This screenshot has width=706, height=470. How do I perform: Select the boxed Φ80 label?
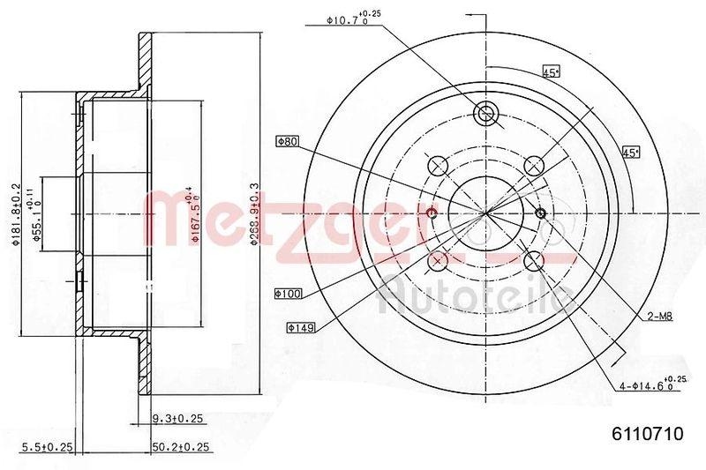[x=288, y=140]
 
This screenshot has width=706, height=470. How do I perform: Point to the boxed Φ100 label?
[x=289, y=293]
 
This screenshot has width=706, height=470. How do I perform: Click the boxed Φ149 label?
[x=300, y=327]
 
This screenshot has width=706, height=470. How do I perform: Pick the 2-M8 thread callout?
[x=658, y=316]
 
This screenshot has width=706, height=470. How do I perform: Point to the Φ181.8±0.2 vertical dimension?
[x=16, y=214]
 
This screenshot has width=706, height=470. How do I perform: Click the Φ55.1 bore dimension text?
[x=38, y=214]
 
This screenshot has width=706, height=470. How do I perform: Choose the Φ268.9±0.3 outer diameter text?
[x=254, y=214]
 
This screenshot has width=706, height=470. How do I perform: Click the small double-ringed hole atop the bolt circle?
[x=485, y=113]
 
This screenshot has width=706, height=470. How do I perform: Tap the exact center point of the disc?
[x=485, y=213]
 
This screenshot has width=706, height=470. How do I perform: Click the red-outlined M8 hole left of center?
[x=432, y=214]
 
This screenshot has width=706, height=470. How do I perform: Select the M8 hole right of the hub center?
[x=541, y=213]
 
